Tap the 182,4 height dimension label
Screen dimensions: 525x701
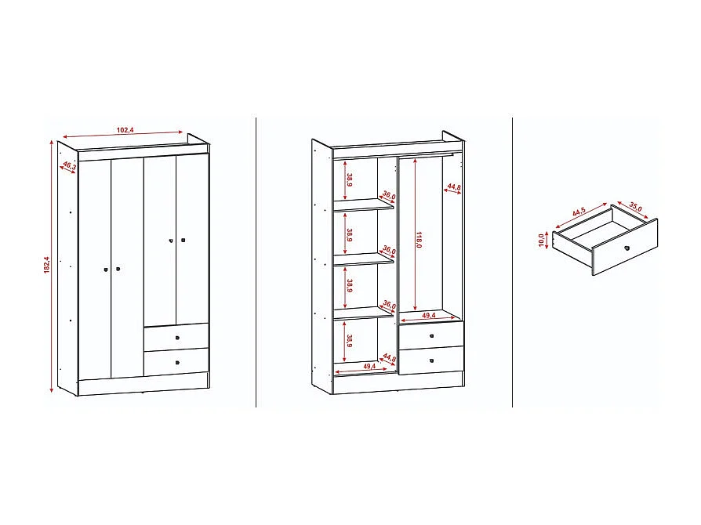(46, 266)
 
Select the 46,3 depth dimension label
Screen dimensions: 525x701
(68, 167)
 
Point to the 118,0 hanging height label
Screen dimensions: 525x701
(420, 240)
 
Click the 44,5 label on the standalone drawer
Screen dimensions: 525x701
(579, 212)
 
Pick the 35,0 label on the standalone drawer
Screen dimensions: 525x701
(635, 208)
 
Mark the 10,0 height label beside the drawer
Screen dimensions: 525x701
(541, 239)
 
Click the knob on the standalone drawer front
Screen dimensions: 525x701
(627, 248)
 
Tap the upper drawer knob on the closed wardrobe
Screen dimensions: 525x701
(177, 337)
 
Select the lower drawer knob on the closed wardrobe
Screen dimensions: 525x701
(177, 363)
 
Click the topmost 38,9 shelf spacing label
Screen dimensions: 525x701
(349, 180)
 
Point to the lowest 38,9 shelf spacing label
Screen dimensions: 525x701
(349, 341)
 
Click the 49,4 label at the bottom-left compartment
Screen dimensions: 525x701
(369, 366)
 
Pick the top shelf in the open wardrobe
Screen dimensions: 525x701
(364, 205)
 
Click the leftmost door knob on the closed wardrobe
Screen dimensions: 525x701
(105, 270)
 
